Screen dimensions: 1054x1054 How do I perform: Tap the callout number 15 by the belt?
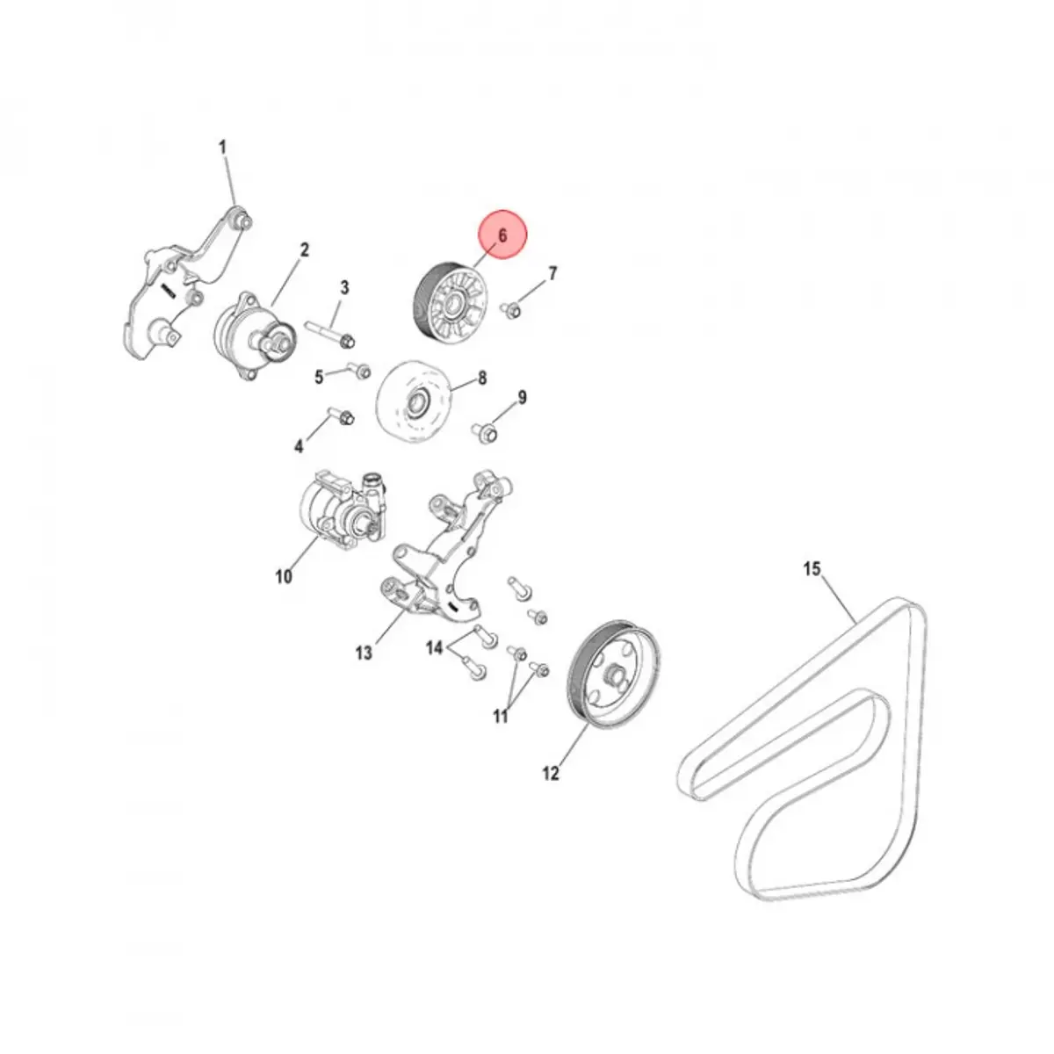pyautogui.click(x=812, y=569)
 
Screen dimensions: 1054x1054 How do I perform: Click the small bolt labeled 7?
pyautogui.click(x=512, y=308)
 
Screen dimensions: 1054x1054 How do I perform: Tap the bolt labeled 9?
pyautogui.click(x=487, y=430)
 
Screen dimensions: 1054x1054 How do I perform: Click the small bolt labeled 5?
pyautogui.click(x=357, y=370)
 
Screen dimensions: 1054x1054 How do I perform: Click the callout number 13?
pyautogui.click(x=364, y=653)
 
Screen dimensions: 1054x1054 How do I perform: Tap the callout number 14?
pyautogui.click(x=435, y=648)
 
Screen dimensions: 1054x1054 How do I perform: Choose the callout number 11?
pyautogui.click(x=501, y=716)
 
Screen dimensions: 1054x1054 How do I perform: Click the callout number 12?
pyautogui.click(x=551, y=773)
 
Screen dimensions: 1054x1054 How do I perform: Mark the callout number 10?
pyautogui.click(x=283, y=577)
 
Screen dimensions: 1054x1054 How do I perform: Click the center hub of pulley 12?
pyautogui.click(x=615, y=677)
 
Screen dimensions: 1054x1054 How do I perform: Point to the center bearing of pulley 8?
pyautogui.click(x=415, y=406)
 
